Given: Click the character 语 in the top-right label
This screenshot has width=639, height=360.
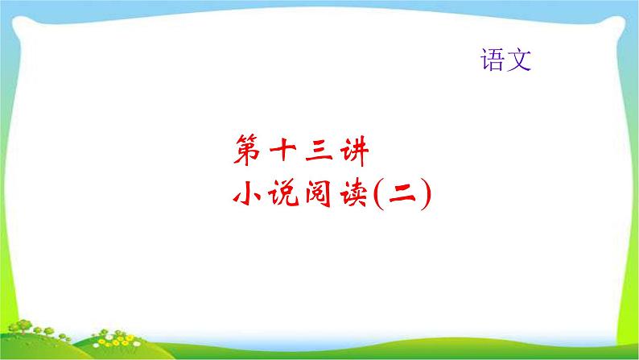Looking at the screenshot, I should coord(492,61).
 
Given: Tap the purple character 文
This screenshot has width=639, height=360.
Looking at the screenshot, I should coord(519,61).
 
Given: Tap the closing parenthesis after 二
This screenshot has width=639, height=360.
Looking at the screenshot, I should coord(425,195).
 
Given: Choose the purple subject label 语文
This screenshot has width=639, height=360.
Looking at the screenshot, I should coord(505,61).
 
